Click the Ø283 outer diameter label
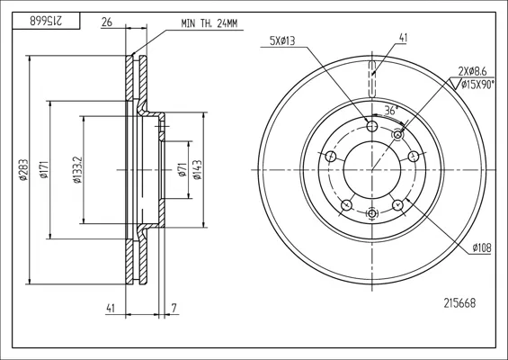[22, 169]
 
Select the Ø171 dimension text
[44, 169]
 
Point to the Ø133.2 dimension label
[77, 169]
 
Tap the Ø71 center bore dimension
[183, 169]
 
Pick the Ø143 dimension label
[197, 169]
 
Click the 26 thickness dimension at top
[107, 22]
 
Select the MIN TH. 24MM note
[209, 23]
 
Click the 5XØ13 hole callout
[282, 40]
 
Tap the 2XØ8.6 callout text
[472, 70]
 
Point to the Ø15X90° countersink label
[477, 85]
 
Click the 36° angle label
[391, 111]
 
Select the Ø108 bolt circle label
[482, 247]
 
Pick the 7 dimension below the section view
[174, 308]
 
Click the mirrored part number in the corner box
[46, 22]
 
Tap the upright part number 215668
[459, 303]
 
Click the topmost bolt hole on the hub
[372, 125]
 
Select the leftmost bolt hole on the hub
[331, 157]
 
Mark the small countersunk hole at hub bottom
[372, 213]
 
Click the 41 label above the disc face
[403, 38]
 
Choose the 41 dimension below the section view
[111, 309]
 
